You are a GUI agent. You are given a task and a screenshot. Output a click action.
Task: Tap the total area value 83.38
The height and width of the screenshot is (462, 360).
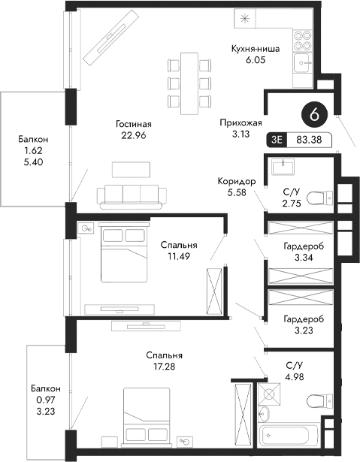(x=309, y=139)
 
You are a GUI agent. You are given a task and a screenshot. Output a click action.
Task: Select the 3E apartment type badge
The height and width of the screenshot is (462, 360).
(x=277, y=139)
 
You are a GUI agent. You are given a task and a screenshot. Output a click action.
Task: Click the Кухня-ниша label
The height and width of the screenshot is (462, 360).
(x=256, y=50)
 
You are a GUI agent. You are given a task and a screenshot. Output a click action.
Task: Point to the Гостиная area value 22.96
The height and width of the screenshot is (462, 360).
(x=135, y=136)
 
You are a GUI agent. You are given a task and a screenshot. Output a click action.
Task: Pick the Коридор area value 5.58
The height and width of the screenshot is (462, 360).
(x=237, y=194)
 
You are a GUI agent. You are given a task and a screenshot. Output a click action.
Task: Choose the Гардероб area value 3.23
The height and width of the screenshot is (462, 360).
(x=304, y=329)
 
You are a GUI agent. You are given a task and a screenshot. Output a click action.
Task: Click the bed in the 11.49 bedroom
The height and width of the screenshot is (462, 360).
(x=123, y=254)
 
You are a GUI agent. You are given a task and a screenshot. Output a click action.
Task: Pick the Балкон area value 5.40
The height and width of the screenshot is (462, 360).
(x=33, y=162)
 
